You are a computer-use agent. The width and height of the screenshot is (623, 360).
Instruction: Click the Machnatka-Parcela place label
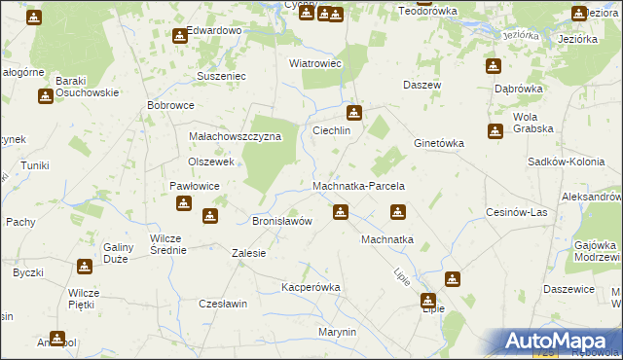(x=358, y=185)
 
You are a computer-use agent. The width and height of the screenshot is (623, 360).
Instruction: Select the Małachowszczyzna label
(x=235, y=137)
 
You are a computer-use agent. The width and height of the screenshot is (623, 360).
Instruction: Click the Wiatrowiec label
(x=313, y=63)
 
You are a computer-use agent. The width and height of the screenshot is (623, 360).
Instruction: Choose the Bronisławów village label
(x=282, y=221)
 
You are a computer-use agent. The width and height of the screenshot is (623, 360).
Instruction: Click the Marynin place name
(x=338, y=332)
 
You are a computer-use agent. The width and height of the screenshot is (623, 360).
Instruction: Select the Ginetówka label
(x=439, y=143)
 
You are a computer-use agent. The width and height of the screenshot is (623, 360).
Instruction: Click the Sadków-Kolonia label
(x=565, y=162)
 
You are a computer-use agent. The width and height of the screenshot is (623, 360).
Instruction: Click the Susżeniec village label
(x=222, y=75)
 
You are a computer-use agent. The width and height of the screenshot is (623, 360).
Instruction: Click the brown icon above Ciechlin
(x=355, y=113)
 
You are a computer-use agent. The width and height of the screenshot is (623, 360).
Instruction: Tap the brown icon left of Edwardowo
(x=180, y=37)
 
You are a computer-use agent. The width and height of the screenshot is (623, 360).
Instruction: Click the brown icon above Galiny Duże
(x=85, y=265)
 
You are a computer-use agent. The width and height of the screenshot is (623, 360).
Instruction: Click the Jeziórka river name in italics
(x=522, y=36)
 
